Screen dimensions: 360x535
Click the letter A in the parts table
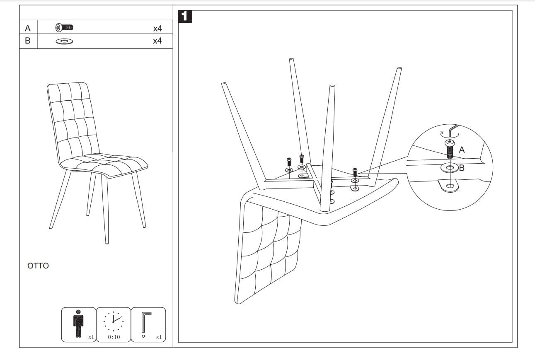(x=28, y=28)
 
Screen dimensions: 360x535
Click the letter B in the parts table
(x=28, y=41)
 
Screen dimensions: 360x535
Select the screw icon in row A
(x=64, y=28)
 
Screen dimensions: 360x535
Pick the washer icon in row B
(x=64, y=41)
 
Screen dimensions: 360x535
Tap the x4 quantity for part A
(x=157, y=28)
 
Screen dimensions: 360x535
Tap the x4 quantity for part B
(x=157, y=41)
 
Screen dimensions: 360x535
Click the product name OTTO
(x=38, y=266)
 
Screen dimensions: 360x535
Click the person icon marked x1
(x=78, y=324)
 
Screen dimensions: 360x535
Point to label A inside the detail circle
(x=462, y=150)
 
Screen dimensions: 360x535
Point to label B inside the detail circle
(x=462, y=168)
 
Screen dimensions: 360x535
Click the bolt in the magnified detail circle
(x=449, y=150)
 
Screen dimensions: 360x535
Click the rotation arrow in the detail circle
(x=444, y=134)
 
